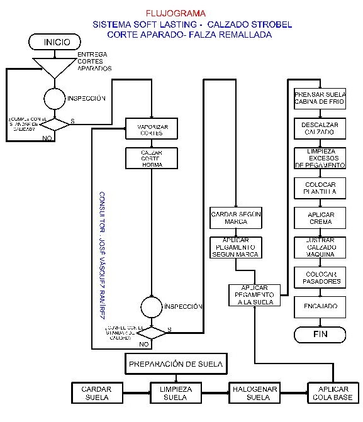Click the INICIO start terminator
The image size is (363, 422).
(56, 42)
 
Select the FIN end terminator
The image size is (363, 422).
(320, 334)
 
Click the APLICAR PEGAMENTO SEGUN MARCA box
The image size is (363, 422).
(235, 247)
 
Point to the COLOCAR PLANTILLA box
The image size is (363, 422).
(320, 187)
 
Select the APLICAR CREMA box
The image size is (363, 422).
(320, 218)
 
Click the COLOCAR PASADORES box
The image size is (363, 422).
(320, 277)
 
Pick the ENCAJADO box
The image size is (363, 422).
(320, 306)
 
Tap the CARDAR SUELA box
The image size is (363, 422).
(96, 393)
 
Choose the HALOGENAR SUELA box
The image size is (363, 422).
(253, 393)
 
